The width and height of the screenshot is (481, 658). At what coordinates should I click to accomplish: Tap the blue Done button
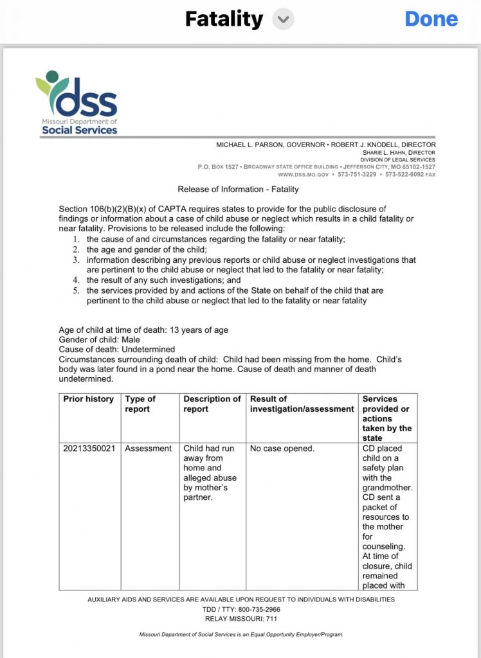[x=431, y=19]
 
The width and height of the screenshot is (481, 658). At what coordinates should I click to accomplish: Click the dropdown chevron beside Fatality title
[x=282, y=19]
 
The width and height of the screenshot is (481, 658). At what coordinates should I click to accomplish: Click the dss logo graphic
[x=77, y=103]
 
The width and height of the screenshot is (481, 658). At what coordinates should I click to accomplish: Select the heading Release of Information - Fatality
[x=238, y=189]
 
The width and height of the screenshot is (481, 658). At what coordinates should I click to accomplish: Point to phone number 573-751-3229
[x=357, y=174]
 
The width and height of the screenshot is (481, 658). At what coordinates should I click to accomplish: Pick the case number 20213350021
[x=89, y=449]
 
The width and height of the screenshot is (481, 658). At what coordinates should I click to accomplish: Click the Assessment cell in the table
[x=149, y=449]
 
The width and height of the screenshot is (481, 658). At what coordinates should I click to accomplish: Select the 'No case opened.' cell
[x=282, y=449]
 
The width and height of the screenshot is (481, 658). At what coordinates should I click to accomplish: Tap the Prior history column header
[x=88, y=399]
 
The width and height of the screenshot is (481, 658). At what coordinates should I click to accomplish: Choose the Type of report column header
[x=141, y=404]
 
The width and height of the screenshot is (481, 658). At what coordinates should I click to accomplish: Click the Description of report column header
[x=212, y=404]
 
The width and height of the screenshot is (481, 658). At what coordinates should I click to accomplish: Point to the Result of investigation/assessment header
[x=302, y=404]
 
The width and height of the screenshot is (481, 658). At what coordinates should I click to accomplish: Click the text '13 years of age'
[x=199, y=330]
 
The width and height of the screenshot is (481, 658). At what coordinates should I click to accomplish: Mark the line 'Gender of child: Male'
[x=99, y=340]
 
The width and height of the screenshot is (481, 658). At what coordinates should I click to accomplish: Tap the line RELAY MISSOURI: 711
[x=241, y=619]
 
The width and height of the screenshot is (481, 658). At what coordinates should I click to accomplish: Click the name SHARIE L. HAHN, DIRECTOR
[x=399, y=152]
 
